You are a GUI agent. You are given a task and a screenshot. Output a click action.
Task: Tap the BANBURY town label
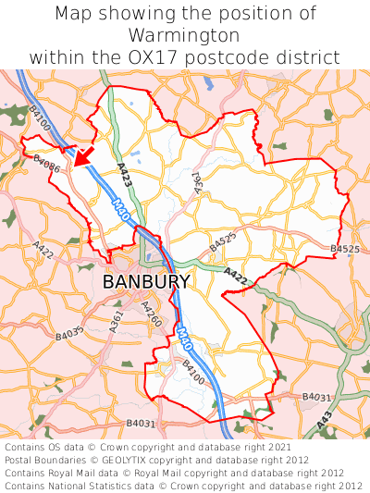tap(146, 281)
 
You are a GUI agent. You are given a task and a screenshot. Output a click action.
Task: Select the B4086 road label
tap(46, 164)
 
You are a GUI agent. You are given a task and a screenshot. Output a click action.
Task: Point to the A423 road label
tap(124, 176)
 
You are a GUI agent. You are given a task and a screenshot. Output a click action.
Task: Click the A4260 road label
tap(151, 314)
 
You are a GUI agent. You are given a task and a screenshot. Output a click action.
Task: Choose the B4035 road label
tap(70, 331)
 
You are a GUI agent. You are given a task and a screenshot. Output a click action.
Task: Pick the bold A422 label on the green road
tap(236, 275)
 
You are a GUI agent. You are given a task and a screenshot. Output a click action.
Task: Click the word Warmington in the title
tap(185, 36)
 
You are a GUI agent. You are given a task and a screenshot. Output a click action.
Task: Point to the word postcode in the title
tap(237, 57)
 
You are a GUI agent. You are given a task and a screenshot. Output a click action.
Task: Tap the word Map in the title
tap(73, 14)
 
